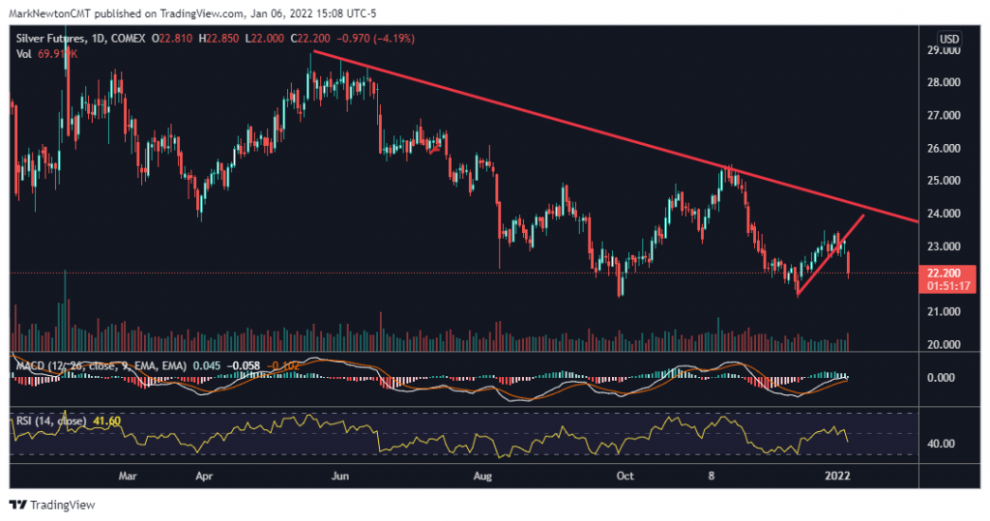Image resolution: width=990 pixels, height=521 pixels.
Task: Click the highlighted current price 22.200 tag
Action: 942,274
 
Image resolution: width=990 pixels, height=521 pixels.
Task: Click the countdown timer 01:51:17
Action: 942,286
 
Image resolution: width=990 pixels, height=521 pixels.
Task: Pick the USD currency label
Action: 949,39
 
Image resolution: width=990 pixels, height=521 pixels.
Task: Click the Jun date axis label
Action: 338,477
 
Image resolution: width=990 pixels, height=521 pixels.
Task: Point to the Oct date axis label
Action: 626,477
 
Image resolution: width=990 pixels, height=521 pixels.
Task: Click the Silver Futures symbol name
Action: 52,38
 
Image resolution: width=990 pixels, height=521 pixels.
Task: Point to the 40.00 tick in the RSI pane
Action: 942,444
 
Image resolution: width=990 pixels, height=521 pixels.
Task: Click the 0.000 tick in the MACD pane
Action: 942,377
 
